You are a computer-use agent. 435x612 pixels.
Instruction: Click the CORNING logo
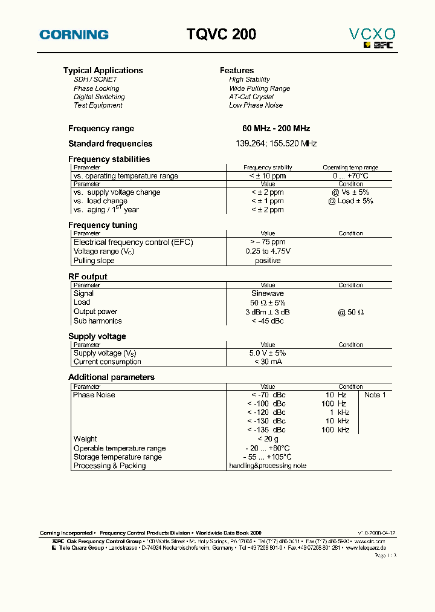pyautogui.click(x=74, y=35)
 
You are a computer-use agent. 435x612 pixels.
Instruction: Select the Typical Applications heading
pyautogui.click(x=103, y=70)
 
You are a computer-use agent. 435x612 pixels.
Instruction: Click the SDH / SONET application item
pyautogui.click(x=95, y=79)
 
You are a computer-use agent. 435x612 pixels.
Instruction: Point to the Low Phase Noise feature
pyautogui.click(x=256, y=105)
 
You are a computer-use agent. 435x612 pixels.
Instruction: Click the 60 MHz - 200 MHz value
pyautogui.click(x=275, y=129)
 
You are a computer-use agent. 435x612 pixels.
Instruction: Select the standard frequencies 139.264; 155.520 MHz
pyautogui.click(x=275, y=144)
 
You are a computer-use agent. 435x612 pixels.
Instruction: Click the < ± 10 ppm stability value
pyautogui.click(x=267, y=176)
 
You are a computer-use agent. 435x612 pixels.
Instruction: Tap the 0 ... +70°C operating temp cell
pyautogui.click(x=350, y=176)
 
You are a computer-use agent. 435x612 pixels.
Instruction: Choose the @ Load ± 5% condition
pyautogui.click(x=350, y=201)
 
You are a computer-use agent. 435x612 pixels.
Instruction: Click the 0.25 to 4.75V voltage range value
pyautogui.click(x=268, y=251)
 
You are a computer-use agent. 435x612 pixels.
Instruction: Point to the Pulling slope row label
pyautogui.click(x=92, y=261)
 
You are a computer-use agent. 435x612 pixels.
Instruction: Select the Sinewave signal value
pyautogui.click(x=268, y=293)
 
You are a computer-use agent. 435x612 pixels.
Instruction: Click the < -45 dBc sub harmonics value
pyautogui.click(x=267, y=321)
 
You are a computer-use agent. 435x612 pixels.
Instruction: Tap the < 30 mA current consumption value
pyautogui.click(x=268, y=362)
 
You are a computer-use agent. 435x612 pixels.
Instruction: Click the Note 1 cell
pyautogui.click(x=375, y=395)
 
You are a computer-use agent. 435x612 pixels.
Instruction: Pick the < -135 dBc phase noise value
pyautogui.click(x=266, y=430)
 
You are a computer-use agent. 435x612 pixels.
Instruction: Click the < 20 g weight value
pyautogui.click(x=268, y=439)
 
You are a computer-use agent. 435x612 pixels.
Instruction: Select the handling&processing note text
pyautogui.click(x=268, y=466)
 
